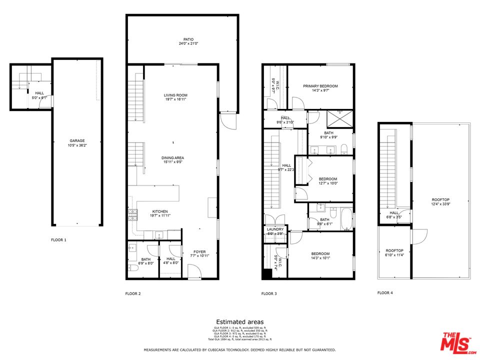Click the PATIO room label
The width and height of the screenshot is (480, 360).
pyautogui.click(x=188, y=39)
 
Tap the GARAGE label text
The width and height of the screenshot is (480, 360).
pyautogui.click(x=76, y=141)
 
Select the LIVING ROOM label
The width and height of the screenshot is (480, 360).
pyautogui.click(x=175, y=95)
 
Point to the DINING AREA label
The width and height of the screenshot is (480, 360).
pyautogui.click(x=172, y=157)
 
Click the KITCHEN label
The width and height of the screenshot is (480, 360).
pyautogui.click(x=160, y=211)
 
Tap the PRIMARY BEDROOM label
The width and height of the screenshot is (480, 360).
pyautogui.click(x=320, y=86)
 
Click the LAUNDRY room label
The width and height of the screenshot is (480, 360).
pyautogui.click(x=274, y=229)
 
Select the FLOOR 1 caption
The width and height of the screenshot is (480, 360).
pyautogui.click(x=58, y=240)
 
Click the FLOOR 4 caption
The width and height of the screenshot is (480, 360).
pyautogui.click(x=385, y=293)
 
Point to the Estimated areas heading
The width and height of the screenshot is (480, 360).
pyautogui.click(x=240, y=322)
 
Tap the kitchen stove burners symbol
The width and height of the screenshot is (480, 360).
pyautogui.click(x=133, y=215)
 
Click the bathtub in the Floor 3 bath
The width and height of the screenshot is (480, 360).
pyautogui.click(x=346, y=219)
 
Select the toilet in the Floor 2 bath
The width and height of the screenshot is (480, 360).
pyautogui.click(x=133, y=268)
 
